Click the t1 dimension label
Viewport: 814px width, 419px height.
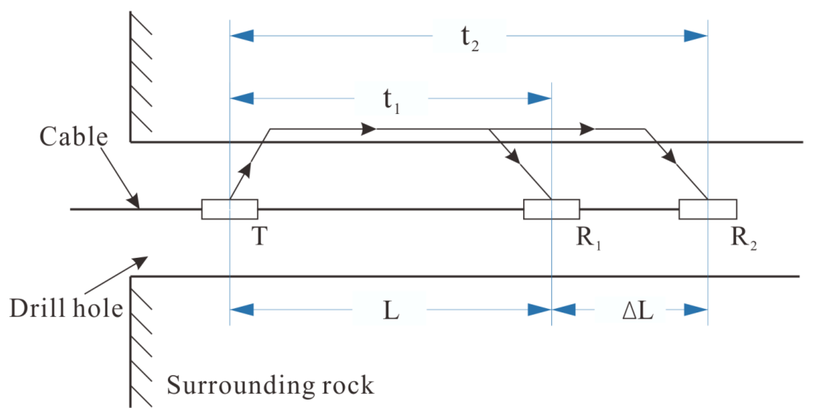391,101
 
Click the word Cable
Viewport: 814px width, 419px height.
73,137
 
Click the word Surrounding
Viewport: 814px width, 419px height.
240,385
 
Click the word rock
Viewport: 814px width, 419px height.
348,385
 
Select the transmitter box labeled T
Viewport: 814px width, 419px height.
230,209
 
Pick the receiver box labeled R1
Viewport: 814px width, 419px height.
551,209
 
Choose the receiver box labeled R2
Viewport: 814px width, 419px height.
708,209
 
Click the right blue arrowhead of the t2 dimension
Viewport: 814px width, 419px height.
695,36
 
